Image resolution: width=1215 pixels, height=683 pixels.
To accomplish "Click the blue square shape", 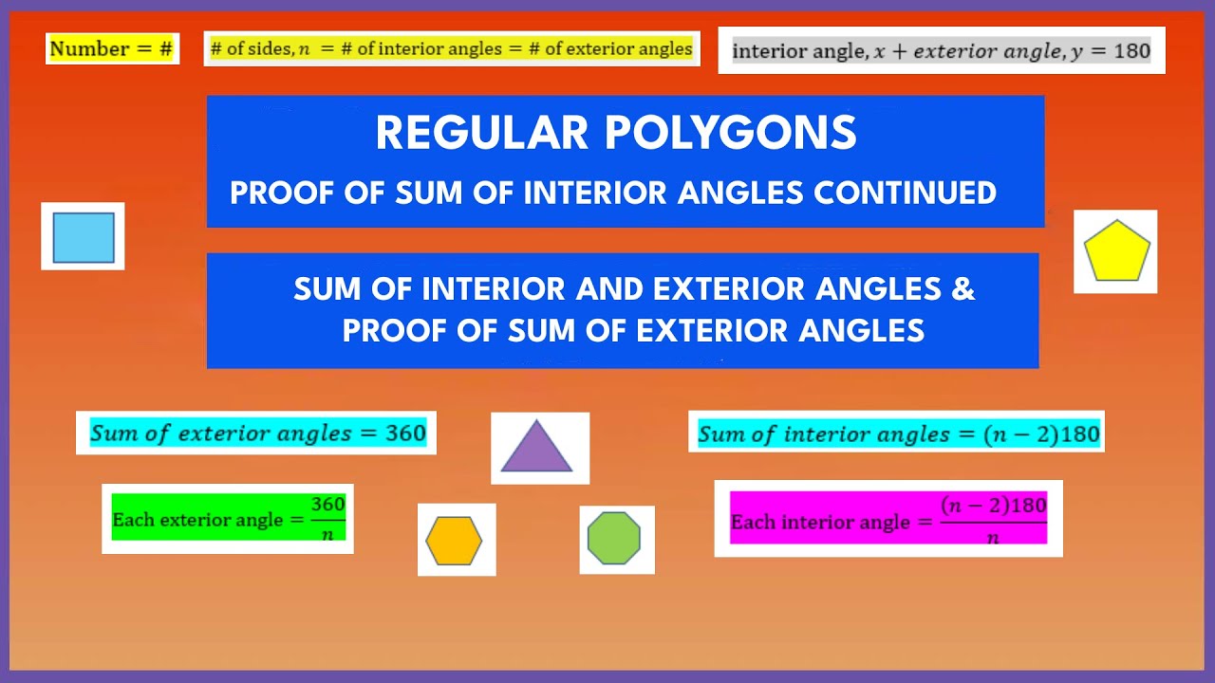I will click(84, 237).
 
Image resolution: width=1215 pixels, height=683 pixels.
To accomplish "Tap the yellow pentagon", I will click(1116, 251).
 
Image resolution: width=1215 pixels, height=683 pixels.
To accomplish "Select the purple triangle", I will click(537, 448).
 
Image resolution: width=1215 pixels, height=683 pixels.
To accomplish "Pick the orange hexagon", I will click(454, 541).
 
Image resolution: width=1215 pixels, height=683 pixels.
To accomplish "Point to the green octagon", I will click(614, 539).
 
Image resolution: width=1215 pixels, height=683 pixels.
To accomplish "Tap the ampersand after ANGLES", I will click(963, 288).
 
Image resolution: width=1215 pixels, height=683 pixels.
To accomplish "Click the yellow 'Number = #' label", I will click(112, 49).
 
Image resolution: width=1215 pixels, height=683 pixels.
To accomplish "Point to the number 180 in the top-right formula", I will click(1131, 51).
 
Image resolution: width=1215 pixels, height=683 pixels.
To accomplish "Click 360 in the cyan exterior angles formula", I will click(405, 434).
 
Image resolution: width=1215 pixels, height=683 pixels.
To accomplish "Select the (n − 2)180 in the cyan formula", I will click(1041, 434).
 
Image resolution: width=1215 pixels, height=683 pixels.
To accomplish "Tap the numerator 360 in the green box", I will click(327, 504).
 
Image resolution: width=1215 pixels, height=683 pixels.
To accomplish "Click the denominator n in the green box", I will click(327, 533).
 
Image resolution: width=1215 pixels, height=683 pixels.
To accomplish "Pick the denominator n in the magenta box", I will click(993, 537).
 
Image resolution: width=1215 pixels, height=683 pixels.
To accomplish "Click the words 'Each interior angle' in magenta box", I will click(819, 523).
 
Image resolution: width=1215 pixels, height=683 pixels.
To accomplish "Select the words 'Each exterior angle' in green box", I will click(197, 520).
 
